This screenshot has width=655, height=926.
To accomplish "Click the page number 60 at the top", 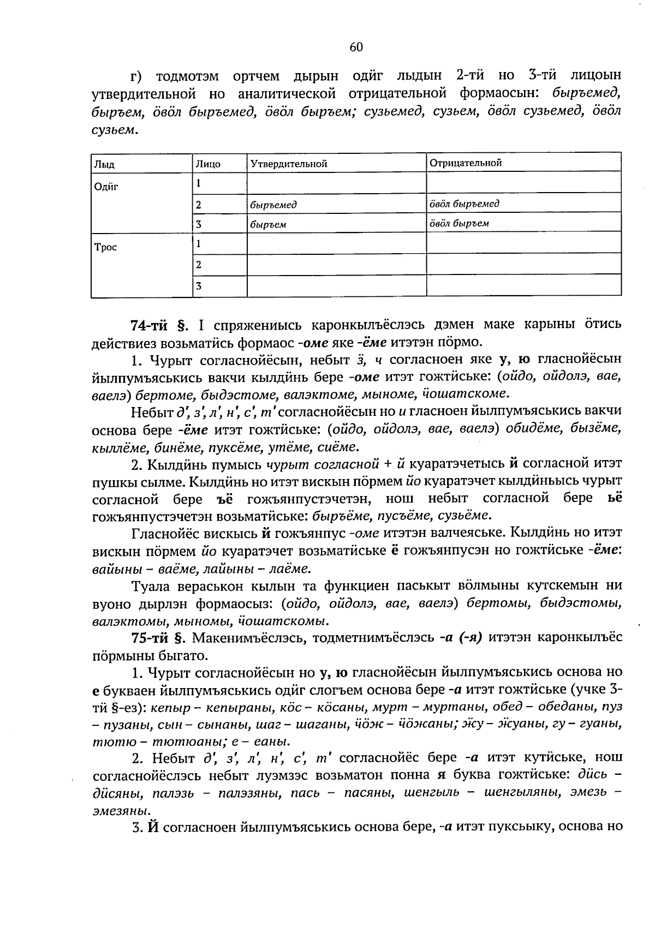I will click(355, 47).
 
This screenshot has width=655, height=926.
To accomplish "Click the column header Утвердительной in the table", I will click(288, 164).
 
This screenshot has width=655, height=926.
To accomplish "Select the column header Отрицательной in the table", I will click(466, 163).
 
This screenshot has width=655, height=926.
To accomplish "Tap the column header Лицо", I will click(208, 164).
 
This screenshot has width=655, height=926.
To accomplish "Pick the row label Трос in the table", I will click(105, 247).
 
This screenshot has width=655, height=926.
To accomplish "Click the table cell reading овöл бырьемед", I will click(464, 204).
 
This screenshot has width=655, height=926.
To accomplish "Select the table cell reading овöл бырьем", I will click(458, 223).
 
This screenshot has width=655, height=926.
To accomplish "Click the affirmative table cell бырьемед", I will click(273, 205).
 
